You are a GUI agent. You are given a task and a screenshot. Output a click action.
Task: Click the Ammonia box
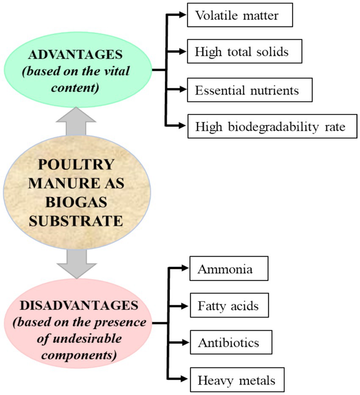click(228, 269)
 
